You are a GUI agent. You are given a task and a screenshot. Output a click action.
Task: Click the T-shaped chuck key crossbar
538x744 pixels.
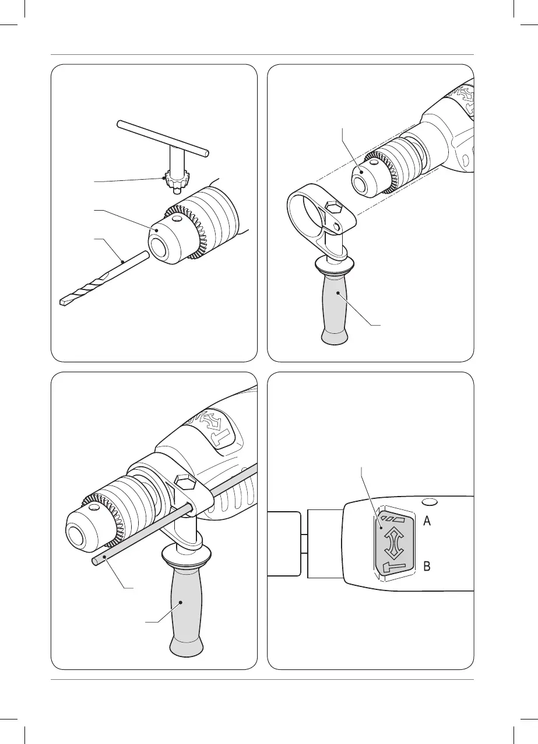point(163,138)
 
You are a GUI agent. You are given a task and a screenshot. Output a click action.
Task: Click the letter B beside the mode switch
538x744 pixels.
point(427,566)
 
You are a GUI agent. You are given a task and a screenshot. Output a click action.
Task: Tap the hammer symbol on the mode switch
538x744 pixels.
point(393,567)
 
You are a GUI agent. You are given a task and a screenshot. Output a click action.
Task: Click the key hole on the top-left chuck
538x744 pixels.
point(177,219)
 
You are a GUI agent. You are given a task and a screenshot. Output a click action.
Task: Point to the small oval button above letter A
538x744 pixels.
point(428,501)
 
